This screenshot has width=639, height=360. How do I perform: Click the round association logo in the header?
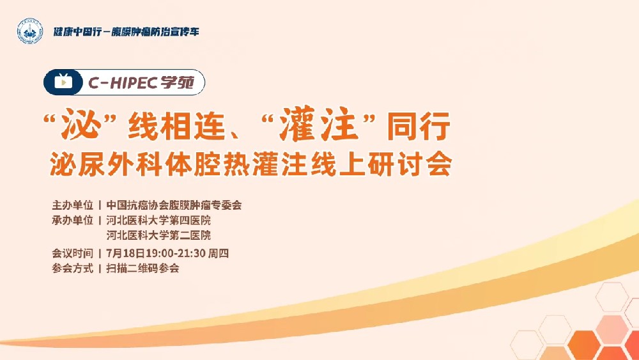point(29,31)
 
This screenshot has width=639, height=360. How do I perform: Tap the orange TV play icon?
point(63,81)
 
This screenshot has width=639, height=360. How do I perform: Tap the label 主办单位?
point(73,205)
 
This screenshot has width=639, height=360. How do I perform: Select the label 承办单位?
point(73,221)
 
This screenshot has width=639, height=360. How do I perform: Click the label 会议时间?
point(73,253)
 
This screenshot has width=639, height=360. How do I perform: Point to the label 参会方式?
point(73,269)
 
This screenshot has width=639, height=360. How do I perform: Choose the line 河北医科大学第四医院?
point(158,221)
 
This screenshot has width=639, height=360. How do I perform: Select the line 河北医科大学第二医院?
point(158,236)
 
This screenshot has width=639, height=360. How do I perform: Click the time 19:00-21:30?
point(174,253)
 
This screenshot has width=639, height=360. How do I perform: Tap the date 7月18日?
point(125,253)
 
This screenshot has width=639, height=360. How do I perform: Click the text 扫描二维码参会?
point(143,269)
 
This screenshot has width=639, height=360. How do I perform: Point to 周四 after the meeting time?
point(219,253)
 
